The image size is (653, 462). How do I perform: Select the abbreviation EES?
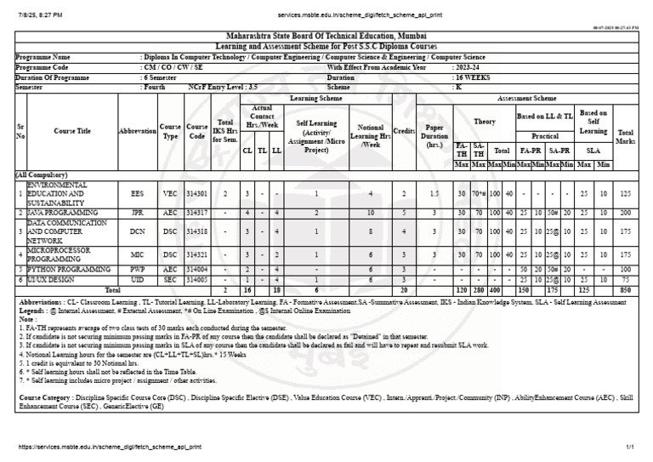click(x=137, y=194)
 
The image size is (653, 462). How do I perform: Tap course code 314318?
click(x=197, y=229)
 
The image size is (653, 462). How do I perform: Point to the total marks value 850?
click(x=626, y=289)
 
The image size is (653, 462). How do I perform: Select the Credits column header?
click(x=406, y=132)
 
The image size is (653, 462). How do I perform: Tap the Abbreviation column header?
click(x=137, y=132)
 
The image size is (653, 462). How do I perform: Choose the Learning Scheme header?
click(x=315, y=98)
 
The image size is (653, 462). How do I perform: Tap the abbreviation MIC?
click(x=137, y=254)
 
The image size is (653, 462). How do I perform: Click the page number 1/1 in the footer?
click(x=630, y=447)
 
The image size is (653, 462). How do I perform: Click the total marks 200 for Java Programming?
click(x=626, y=212)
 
